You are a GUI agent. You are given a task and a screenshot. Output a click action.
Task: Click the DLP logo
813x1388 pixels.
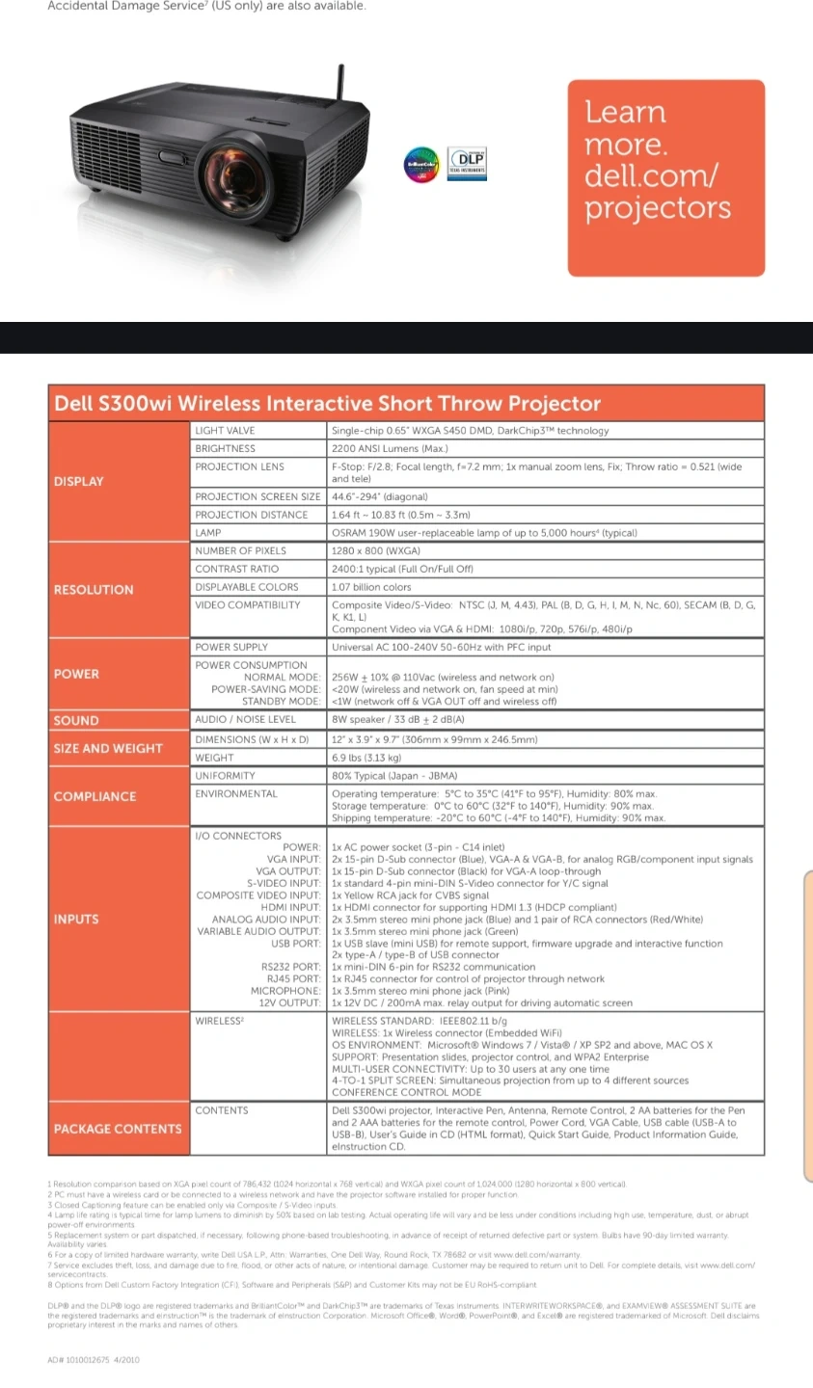[468, 163]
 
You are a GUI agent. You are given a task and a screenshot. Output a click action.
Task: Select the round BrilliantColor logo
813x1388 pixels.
[421, 165]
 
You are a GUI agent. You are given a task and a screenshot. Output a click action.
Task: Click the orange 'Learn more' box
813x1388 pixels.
[665, 178]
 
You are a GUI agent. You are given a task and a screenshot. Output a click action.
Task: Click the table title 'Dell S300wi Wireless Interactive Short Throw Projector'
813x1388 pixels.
[328, 404]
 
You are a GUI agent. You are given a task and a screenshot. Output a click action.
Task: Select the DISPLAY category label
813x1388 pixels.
[79, 481]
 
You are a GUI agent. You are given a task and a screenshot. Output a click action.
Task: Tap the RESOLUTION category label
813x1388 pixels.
[94, 590]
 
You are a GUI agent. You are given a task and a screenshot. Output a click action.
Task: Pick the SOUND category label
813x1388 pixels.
[76, 720]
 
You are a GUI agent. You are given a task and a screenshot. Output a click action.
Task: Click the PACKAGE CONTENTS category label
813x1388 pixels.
[118, 1129]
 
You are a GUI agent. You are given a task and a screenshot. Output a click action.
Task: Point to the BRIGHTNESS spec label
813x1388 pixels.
[226, 449]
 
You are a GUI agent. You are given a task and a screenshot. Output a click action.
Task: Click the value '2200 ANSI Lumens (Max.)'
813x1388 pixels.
[390, 449]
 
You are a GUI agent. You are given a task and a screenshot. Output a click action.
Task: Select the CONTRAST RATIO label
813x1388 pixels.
[237, 569]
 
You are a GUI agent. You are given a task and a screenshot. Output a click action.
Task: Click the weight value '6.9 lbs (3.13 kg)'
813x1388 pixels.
[366, 758]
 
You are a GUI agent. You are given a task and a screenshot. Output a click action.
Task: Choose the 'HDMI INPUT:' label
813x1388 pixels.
[290, 907]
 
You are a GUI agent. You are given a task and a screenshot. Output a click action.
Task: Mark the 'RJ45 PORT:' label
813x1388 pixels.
[291, 978]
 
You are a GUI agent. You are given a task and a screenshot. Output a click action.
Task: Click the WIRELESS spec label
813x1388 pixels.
[220, 1021]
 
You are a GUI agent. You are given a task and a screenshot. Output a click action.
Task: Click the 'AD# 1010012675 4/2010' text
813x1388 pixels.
[94, 1360]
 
